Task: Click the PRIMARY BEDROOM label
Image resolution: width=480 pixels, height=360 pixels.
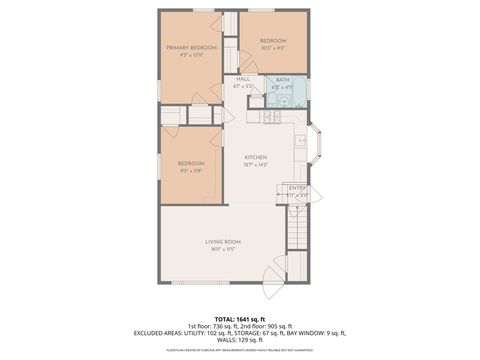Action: [191, 47]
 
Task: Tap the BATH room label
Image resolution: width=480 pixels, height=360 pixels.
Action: [282, 80]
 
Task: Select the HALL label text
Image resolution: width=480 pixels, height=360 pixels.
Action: [243, 79]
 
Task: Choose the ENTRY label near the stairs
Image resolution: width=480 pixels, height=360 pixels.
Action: [297, 187]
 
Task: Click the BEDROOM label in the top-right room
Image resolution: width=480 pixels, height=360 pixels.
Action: [273, 40]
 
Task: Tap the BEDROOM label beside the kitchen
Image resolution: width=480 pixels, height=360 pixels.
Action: [191, 163]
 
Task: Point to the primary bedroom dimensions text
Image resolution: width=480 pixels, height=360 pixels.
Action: [191, 55]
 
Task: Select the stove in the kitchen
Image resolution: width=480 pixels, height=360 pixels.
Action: [269, 116]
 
